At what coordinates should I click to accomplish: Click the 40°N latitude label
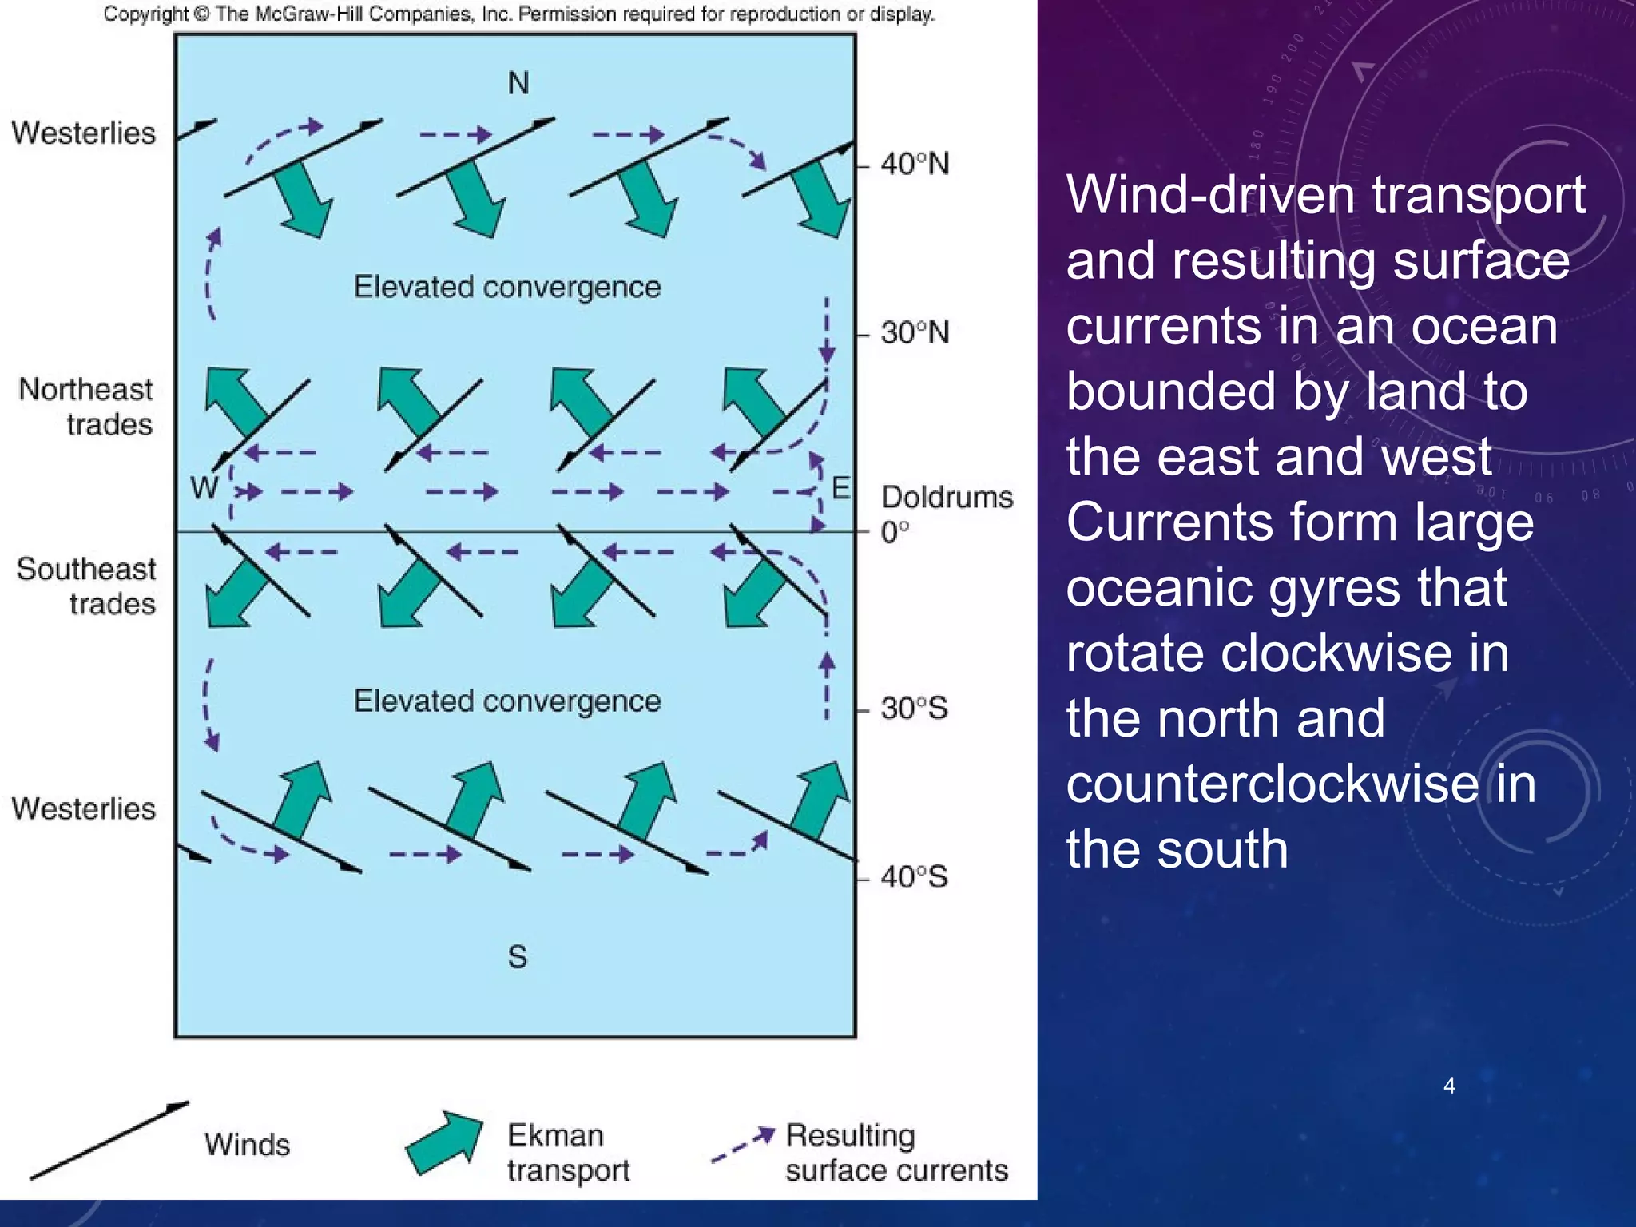point(915,164)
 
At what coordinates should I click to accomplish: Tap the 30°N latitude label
point(915,332)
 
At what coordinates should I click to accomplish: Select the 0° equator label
point(895,532)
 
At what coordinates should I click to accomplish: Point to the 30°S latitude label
point(914,708)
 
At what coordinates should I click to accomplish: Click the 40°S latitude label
point(914,877)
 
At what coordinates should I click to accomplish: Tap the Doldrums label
point(947,497)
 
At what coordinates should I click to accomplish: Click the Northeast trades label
point(86,407)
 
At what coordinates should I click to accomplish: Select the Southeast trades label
point(86,586)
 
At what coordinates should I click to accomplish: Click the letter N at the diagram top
point(518,83)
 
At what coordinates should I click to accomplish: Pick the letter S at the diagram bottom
point(518,956)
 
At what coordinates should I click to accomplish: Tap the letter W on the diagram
point(204,486)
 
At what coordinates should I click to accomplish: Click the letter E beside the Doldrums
point(840,487)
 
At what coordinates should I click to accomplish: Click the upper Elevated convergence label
point(507,287)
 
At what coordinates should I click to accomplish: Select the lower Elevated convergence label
point(507,701)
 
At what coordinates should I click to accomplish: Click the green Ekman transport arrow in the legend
point(445,1143)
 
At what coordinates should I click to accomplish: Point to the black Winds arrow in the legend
point(109,1140)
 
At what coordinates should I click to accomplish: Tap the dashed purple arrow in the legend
point(743,1144)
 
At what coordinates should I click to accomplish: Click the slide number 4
point(1449,1085)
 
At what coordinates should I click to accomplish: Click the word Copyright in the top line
point(145,14)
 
